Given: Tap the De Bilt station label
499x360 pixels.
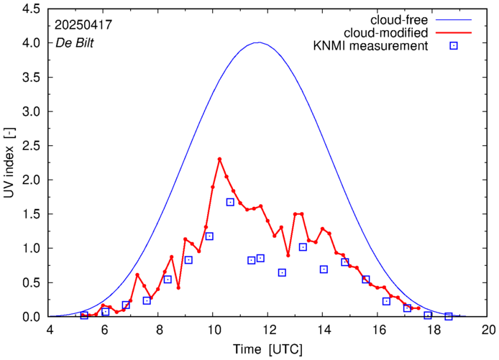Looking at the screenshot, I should point(75,42).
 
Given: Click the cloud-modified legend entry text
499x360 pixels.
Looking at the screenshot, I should point(386,33).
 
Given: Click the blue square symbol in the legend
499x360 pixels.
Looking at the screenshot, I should point(454,47).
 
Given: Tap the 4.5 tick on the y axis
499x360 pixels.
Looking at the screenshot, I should point(31,10).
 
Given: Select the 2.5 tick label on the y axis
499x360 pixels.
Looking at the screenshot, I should point(31,147).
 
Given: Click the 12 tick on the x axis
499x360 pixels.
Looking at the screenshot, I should point(269,330).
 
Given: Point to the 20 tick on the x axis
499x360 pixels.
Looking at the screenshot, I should point(488,330).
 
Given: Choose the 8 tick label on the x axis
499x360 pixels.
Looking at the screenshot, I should point(159,330).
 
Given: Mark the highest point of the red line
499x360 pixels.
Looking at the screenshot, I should point(219,159).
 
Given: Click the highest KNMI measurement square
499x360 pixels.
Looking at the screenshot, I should point(230,202).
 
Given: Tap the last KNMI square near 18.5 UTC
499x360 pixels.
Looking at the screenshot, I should point(449,316).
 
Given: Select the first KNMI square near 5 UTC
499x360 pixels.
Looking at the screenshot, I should point(84,315).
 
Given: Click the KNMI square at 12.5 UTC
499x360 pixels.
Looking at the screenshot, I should point(282,272).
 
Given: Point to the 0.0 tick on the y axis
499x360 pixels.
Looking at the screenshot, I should point(31,317).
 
